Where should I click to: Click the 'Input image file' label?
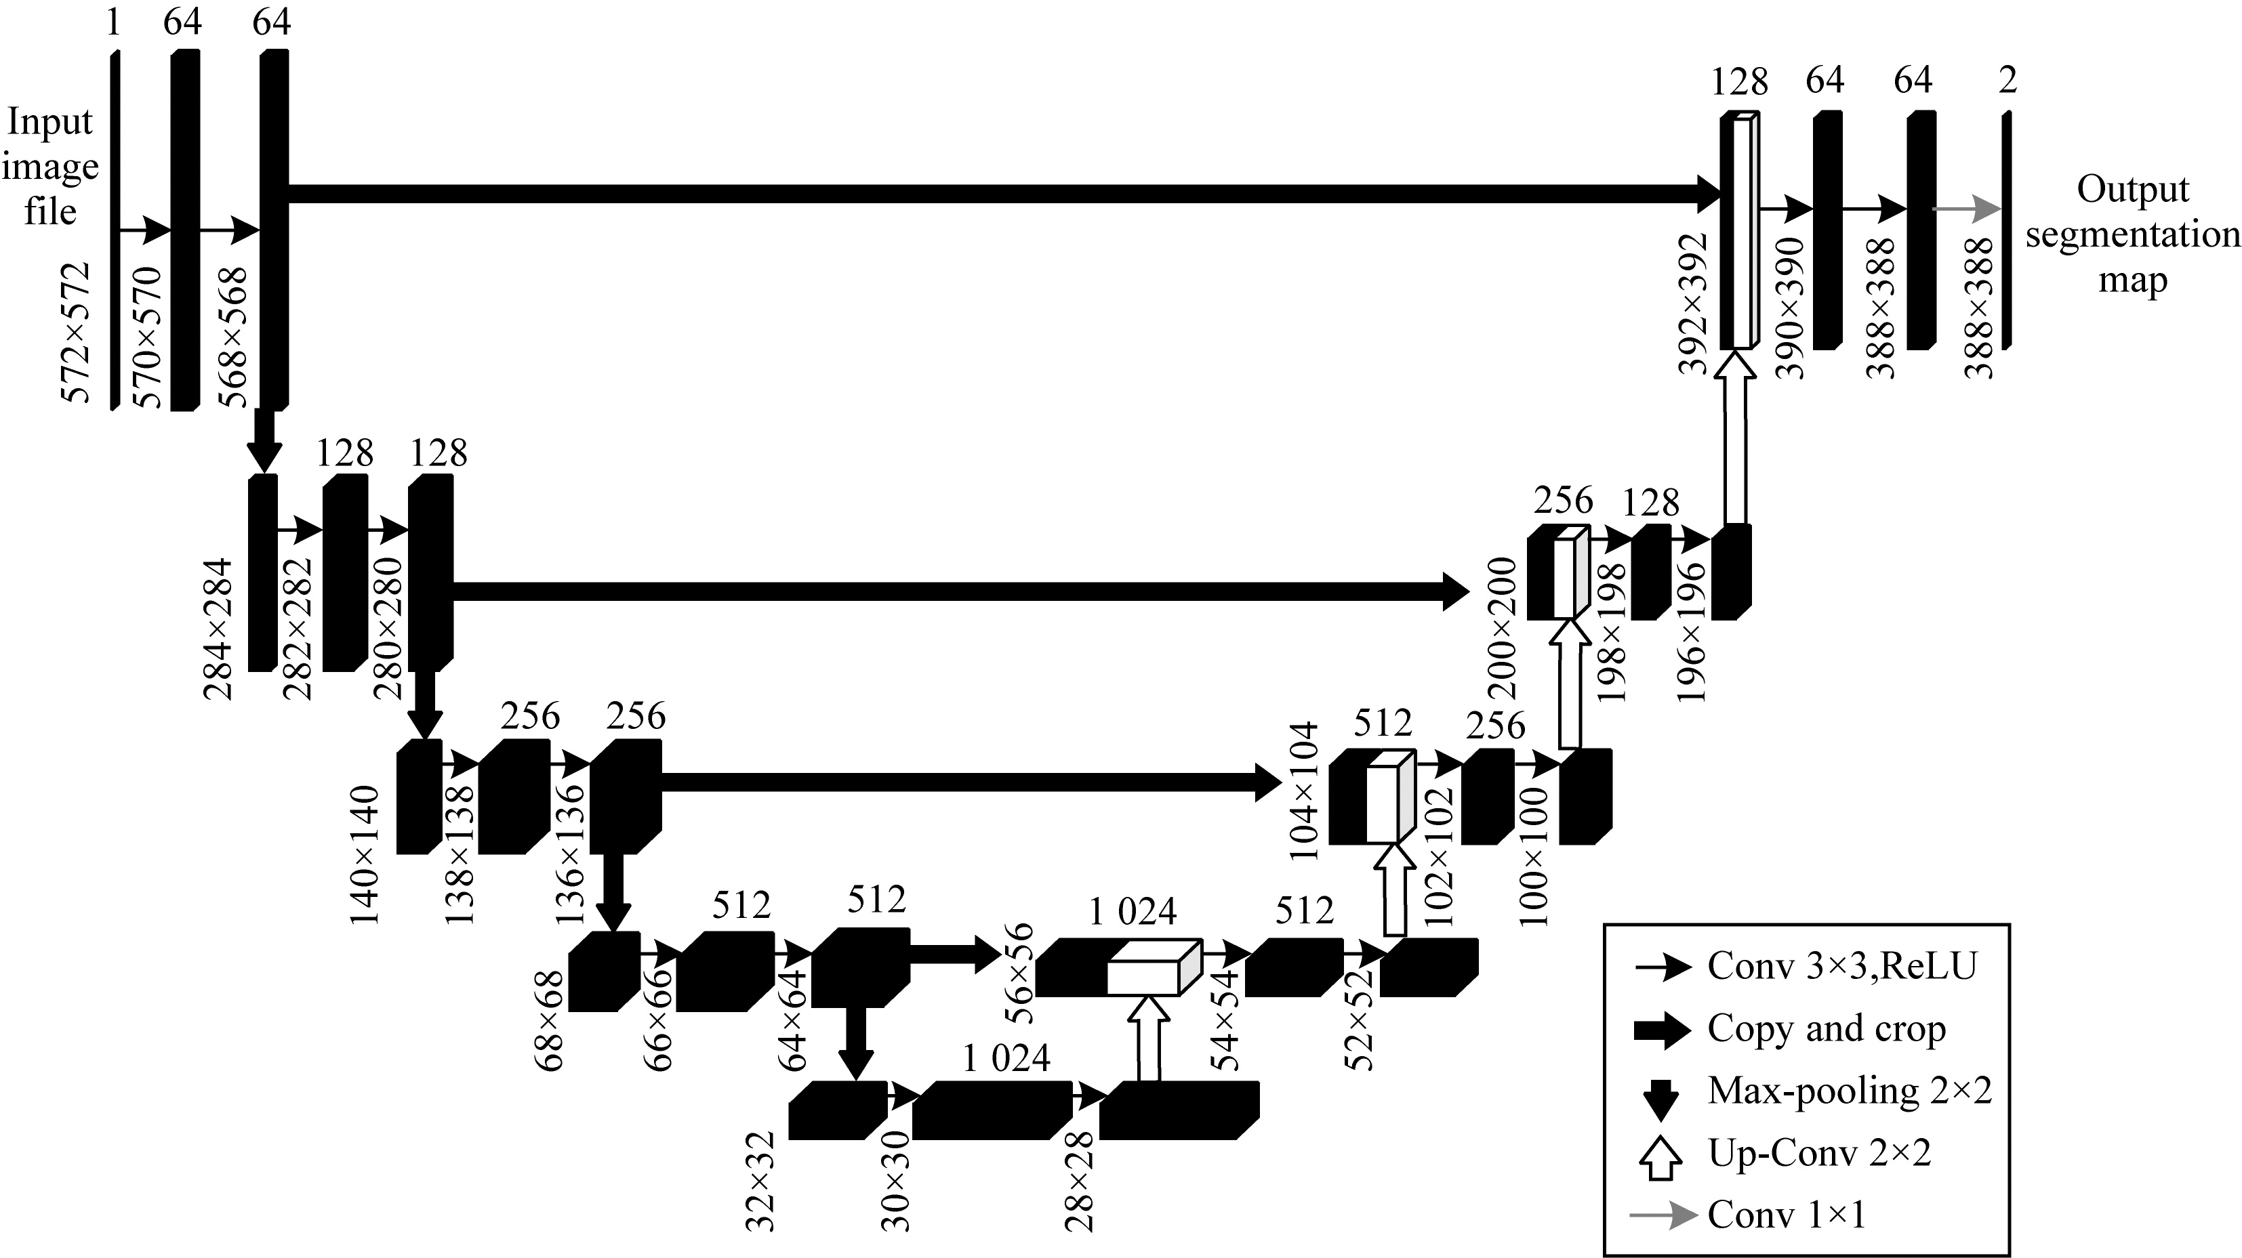pyautogui.click(x=49, y=166)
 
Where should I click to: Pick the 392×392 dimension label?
pyautogui.click(x=1694, y=303)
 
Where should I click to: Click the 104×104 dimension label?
pyautogui.click(x=1305, y=790)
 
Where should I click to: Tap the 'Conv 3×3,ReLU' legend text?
pyautogui.click(x=1841, y=965)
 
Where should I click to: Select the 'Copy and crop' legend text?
pyautogui.click(x=1826, y=1028)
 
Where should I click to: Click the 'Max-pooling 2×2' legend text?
pyautogui.click(x=1850, y=1090)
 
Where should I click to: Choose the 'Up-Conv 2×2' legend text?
pyautogui.click(x=1819, y=1153)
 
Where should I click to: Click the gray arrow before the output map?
pyautogui.click(x=1965, y=209)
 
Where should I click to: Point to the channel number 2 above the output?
pyautogui.click(x=2007, y=81)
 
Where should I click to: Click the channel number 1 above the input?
pyautogui.click(x=113, y=22)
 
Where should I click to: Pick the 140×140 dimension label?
pyautogui.click(x=365, y=854)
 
